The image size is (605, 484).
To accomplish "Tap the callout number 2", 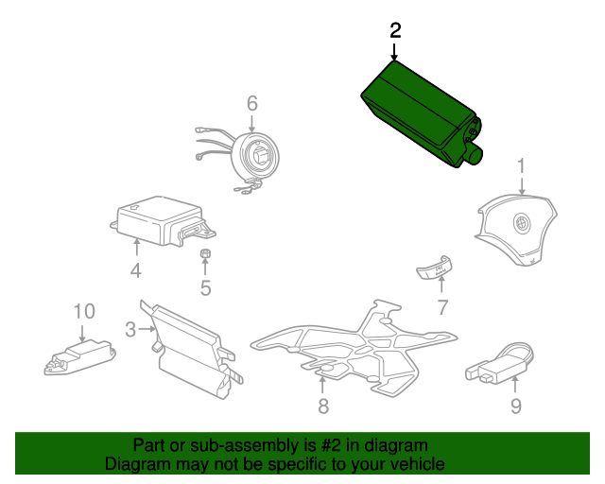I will pos(395,30).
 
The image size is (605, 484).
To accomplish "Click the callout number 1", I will pos(520,166).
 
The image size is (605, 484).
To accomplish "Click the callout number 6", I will pos(252,102).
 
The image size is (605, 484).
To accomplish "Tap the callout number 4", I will pos(136,272).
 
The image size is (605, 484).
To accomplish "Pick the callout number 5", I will pos(205,287).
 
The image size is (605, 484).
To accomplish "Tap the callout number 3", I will pos(130,329).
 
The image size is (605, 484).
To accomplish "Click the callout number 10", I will pos(84,310).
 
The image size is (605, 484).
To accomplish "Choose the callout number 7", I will pos(441,306).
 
